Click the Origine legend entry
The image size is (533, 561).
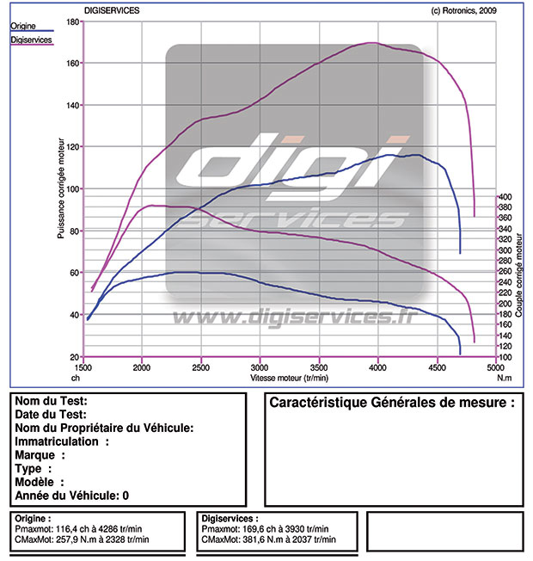coord(23,26)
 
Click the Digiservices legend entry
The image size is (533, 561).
coord(29,40)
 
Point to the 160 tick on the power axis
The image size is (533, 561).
coord(73,63)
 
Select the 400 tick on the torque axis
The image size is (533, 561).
coord(505,197)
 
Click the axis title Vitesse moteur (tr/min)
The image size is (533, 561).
coord(289,377)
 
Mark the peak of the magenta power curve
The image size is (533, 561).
coord(372,42)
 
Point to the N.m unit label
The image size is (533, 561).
coord(505,377)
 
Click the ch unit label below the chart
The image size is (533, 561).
coord(76,377)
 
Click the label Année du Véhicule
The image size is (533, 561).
coord(67,496)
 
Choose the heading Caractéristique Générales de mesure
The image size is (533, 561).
coord(392,403)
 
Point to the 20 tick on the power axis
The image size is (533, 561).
coord(75,356)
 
